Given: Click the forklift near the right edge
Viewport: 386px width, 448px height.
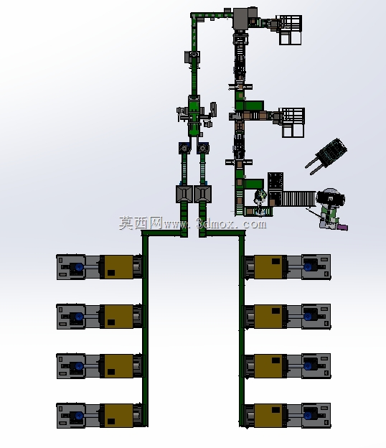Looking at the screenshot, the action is (327, 156).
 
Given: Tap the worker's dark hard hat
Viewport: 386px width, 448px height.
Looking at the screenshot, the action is (331, 198).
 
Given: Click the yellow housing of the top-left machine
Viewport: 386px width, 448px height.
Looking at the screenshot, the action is (118, 267).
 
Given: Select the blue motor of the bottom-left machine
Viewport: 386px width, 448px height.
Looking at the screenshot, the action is (79, 416).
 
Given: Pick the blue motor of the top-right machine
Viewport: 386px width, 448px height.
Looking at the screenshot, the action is (308, 267).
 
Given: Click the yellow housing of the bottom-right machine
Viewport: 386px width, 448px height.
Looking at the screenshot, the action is (268, 416).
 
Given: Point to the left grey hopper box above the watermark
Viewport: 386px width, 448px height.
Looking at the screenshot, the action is (184, 194).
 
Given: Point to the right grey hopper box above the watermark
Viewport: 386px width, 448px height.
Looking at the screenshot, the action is (203, 194).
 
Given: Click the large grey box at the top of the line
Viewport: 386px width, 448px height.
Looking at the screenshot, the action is (241, 19).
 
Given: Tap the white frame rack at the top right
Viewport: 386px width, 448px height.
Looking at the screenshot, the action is (290, 30).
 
